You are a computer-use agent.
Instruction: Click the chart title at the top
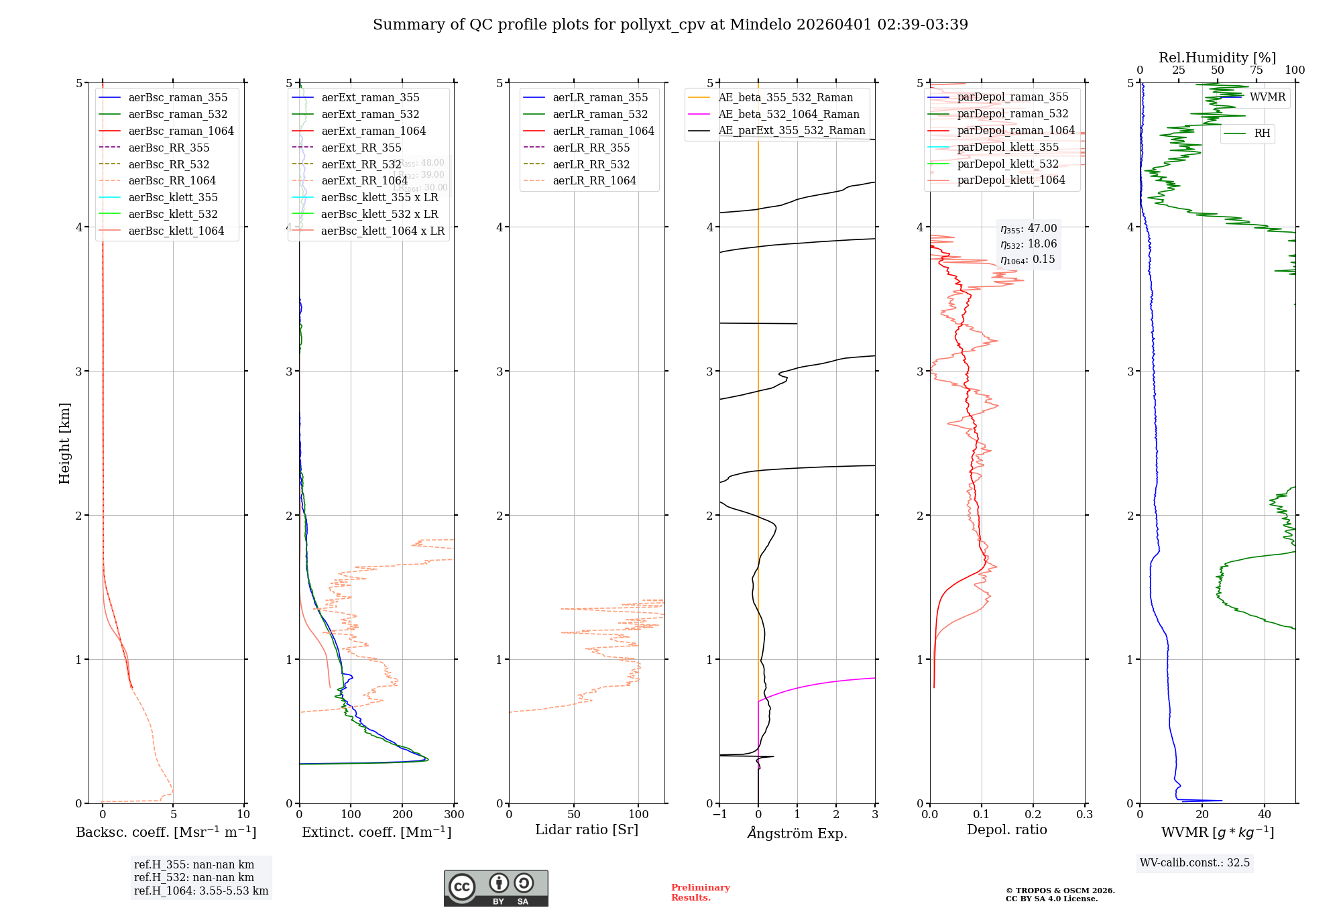(x=670, y=25)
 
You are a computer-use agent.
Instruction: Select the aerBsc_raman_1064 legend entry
(x=181, y=131)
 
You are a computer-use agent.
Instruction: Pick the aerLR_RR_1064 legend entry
(x=594, y=180)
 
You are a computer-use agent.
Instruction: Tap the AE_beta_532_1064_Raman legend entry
(x=789, y=114)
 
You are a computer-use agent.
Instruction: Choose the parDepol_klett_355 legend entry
(x=1008, y=147)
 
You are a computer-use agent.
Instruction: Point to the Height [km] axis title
(x=64, y=443)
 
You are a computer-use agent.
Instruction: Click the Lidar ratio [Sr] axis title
(x=587, y=830)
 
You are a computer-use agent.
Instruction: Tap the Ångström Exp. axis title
(x=797, y=833)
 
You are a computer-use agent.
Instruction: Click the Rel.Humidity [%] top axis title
(x=1217, y=58)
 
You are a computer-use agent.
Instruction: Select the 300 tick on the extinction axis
(x=454, y=814)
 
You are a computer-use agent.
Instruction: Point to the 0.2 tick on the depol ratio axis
(x=1033, y=814)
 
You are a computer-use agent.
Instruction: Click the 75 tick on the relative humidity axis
(x=1256, y=70)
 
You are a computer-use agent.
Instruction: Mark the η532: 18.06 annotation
(x=1029, y=244)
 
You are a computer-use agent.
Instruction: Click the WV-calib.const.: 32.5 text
(x=1195, y=862)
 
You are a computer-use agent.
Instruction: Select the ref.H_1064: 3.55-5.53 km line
(x=201, y=891)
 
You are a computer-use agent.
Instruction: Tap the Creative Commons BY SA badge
(x=495, y=888)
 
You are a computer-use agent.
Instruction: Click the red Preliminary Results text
(x=700, y=892)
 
